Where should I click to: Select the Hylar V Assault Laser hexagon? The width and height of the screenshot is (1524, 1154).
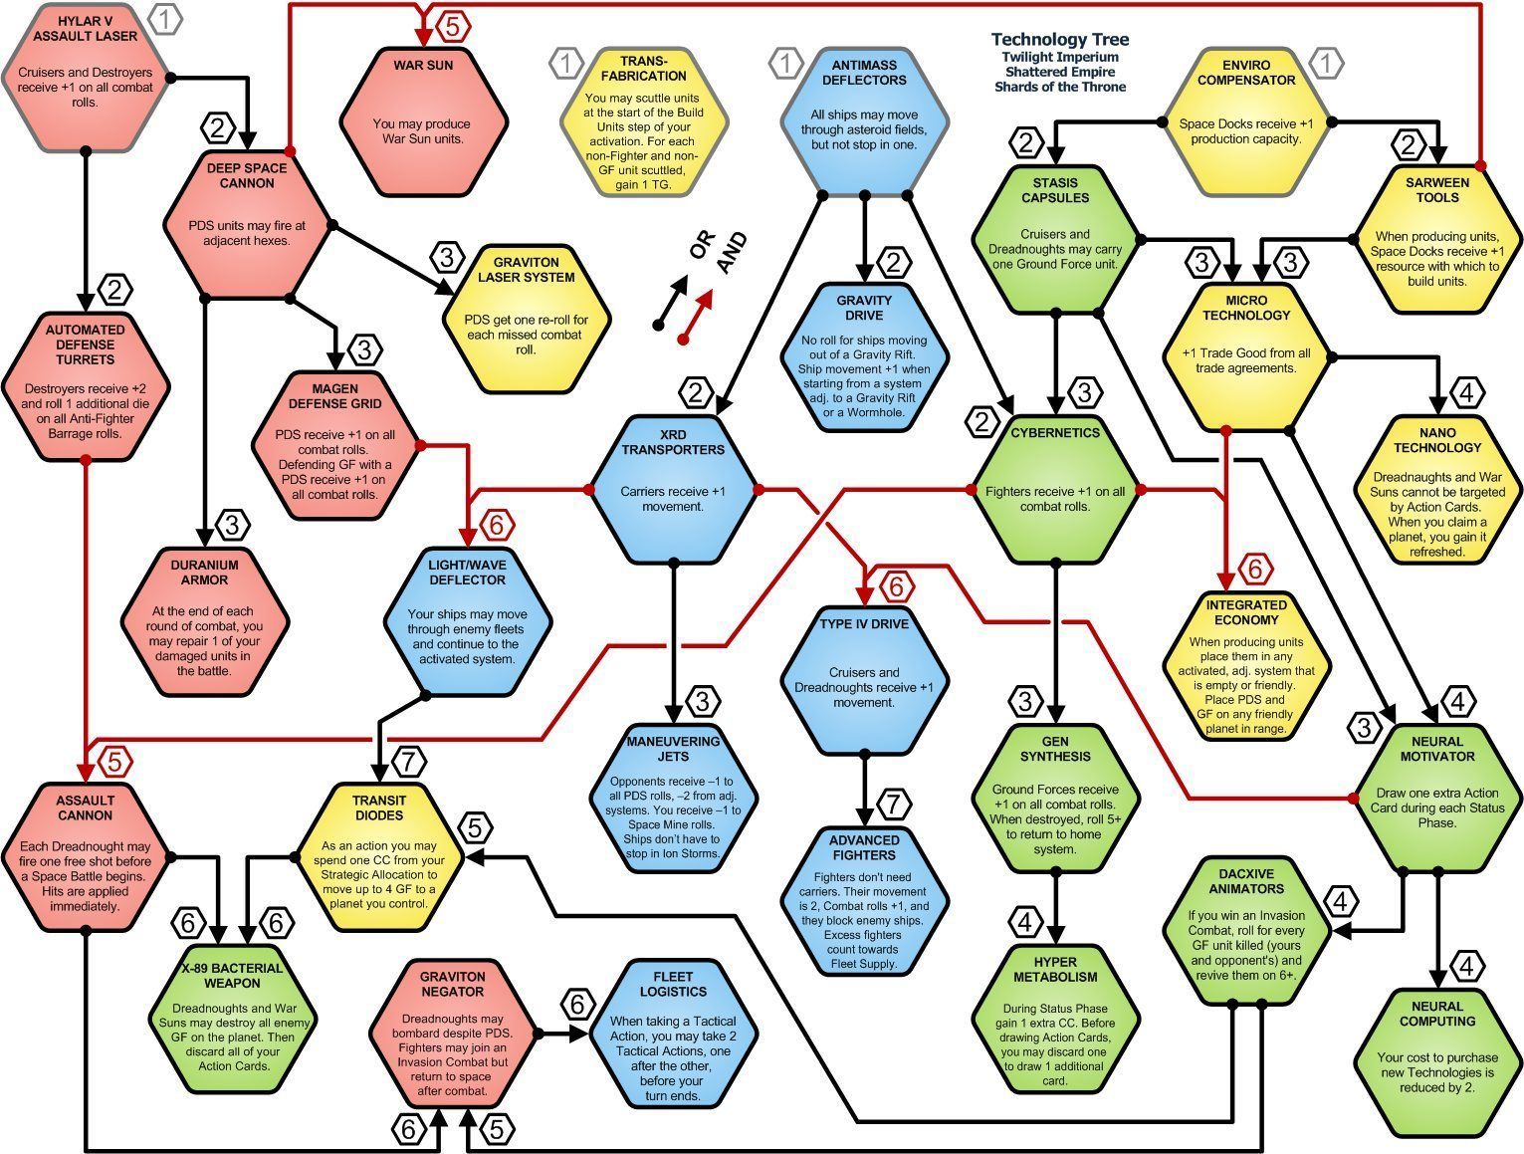(86, 77)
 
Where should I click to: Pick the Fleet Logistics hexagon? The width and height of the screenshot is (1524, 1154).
(673, 1034)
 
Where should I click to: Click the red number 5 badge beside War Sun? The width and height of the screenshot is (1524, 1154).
(452, 27)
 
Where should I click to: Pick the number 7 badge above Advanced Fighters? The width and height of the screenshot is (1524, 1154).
(893, 805)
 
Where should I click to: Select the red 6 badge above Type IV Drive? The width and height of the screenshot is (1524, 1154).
(896, 586)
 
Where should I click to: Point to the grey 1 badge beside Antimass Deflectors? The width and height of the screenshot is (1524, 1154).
(785, 63)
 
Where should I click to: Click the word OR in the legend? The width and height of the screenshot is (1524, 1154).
(702, 244)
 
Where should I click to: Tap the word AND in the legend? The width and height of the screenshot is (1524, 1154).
(731, 252)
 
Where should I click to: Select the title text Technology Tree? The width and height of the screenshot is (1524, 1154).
(1059, 40)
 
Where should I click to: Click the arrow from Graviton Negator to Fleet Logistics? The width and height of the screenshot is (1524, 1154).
(562, 1034)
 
